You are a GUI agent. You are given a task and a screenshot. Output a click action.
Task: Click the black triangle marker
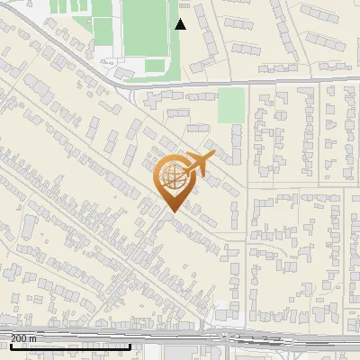point(180,24)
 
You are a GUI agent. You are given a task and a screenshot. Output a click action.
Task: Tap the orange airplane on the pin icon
point(200,165)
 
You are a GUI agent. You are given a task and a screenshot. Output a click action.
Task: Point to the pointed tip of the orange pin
point(171,211)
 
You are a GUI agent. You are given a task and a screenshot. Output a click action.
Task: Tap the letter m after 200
point(33,338)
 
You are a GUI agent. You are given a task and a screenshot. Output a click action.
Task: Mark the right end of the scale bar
point(131,346)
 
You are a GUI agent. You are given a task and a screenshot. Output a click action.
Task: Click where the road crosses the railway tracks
point(220,337)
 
